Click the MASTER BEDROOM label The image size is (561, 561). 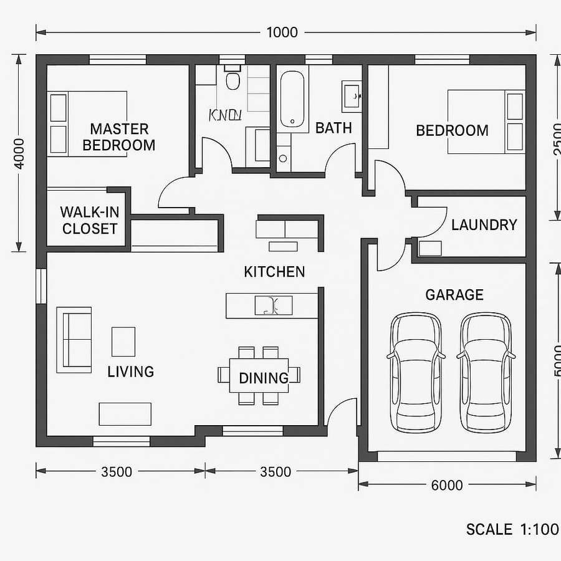pos(119,137)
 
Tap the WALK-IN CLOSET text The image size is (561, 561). pos(90,219)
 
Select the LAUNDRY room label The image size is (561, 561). pos(484,224)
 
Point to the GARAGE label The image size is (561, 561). pos(454,295)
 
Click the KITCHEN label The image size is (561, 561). pos(274,272)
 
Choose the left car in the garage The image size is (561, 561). pos(416,372)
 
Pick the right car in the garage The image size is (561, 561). pos(486,372)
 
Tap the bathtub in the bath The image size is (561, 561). pos(292,99)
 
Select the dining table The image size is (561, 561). pos(259,375)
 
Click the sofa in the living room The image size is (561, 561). pos(74,340)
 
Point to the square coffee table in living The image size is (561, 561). pos(123,342)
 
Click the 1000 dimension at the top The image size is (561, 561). pos(282,32)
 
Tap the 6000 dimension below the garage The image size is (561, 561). pos(447,485)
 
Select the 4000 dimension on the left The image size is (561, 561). pos(19,153)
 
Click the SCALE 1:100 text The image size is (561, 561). pos(512,530)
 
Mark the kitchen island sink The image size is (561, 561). pos(274,305)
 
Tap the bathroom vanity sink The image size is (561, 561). pos(352,96)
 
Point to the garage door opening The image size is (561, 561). pos(446,457)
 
